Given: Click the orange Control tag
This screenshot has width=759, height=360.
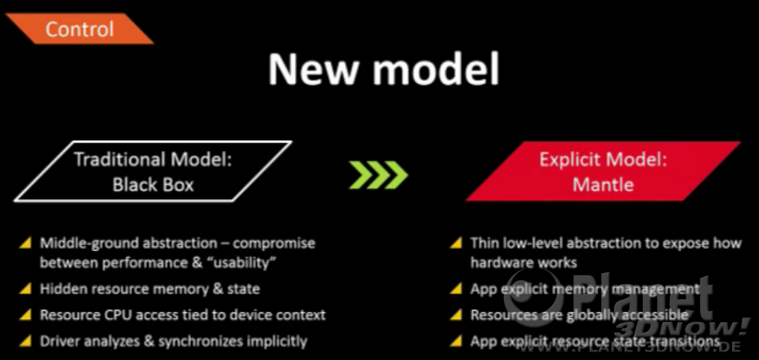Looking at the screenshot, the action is coord(80,29).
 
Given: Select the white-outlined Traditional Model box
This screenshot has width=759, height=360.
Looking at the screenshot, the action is coord(153,171).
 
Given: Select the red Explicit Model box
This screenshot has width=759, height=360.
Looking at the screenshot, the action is coord(603,171).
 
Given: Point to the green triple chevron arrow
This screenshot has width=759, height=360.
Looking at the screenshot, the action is coord(378,173).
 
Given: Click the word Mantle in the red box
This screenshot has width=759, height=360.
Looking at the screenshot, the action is coord(603,184).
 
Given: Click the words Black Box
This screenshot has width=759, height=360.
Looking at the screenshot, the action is coord(153,184).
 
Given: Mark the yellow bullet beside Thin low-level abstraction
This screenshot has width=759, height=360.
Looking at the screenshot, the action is coord(455,243).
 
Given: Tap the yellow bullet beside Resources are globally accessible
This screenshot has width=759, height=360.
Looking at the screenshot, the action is coord(455,315).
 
